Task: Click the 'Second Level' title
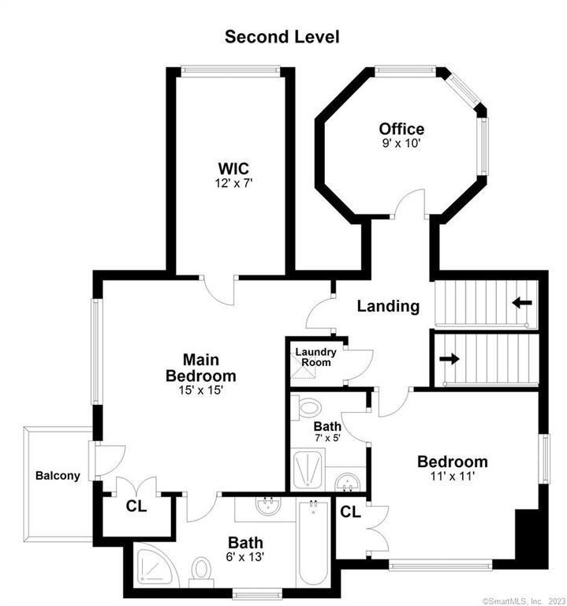point(282,37)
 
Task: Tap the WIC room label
point(233,169)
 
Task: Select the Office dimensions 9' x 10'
point(401,144)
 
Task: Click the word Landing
point(388,306)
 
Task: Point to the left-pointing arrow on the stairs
point(522,303)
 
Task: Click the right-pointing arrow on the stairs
point(449,359)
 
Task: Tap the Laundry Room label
point(316,357)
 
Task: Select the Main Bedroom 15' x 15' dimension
point(201,391)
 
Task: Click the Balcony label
point(58,475)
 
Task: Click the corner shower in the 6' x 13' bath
point(155,567)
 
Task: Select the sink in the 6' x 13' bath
point(269,507)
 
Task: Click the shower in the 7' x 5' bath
point(308,469)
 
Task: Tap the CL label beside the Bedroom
point(350,512)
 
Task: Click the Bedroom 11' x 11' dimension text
point(453,476)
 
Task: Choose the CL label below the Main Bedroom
point(136,506)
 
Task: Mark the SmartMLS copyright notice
point(524,601)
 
